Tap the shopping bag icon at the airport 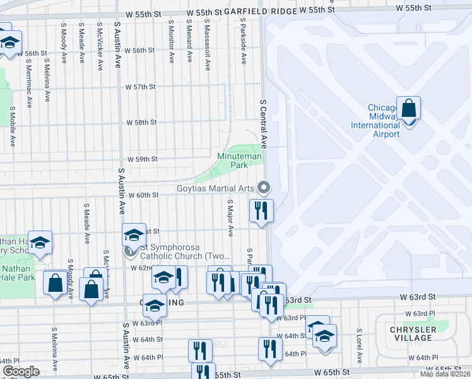tap(408, 109)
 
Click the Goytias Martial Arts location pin tap(264, 188)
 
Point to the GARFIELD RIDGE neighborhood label tap(259, 11)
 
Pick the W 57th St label tap(140, 87)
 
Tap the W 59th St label tap(142, 160)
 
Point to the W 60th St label tap(143, 195)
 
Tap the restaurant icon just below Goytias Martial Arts tap(261, 210)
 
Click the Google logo tap(21, 371)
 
